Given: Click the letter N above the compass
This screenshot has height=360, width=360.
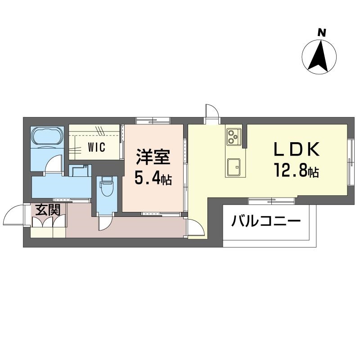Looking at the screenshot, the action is (x=322, y=32).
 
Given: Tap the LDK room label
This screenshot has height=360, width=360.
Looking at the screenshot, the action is (x=296, y=149).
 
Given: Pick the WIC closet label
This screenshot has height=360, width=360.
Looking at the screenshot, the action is (x=97, y=147).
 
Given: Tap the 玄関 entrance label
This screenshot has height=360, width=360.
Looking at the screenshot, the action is (x=48, y=209).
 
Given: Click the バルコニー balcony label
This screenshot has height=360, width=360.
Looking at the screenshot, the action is (x=266, y=221).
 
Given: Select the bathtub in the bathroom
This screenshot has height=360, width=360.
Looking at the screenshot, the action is (x=47, y=136).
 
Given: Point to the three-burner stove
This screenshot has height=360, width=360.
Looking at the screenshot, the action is (x=234, y=137).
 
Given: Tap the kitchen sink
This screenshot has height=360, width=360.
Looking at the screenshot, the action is (x=234, y=167).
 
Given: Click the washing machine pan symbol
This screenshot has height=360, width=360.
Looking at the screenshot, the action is (x=80, y=171).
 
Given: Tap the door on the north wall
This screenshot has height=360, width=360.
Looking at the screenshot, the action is (x=212, y=114).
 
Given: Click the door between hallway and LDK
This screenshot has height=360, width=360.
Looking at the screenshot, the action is (x=196, y=227).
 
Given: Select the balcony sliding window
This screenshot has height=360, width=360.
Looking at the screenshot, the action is (x=271, y=200).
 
